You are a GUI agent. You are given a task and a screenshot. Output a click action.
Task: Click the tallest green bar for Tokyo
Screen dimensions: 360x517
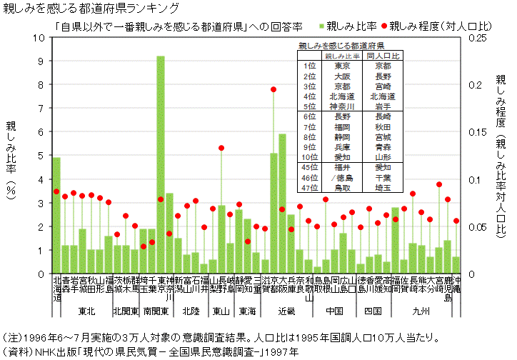click(161, 164)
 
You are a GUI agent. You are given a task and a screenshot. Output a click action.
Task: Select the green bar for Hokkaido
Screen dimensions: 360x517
click(56, 214)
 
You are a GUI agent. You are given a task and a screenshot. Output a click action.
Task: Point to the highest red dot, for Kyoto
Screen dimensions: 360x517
click(273, 89)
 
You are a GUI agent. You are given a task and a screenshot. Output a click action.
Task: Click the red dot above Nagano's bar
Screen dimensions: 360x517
click(221, 148)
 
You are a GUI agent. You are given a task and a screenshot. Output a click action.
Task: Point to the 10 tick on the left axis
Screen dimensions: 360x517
click(40, 37)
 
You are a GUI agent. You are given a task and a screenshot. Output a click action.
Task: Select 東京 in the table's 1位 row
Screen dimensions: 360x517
click(343, 65)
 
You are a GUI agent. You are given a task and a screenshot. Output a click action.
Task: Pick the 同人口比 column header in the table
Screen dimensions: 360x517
click(383, 55)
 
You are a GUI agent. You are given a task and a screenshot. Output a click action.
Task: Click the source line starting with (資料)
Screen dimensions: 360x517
click(150, 351)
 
